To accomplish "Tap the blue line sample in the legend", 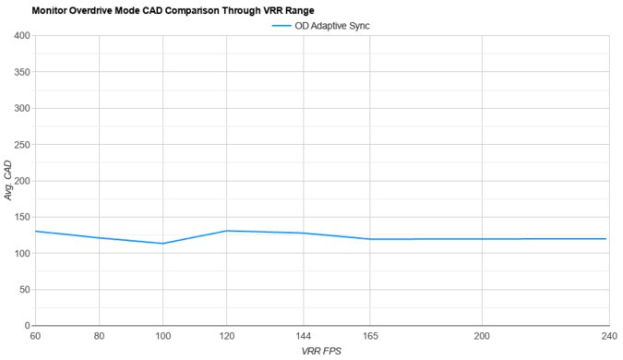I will point(282,26).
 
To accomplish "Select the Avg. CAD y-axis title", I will point(8,181).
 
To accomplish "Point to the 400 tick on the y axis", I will point(21,36).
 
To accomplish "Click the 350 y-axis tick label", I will point(21,72).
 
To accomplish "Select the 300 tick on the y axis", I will point(21,108).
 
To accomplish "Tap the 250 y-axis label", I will point(21,145).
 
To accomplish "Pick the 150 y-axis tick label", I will point(21,217).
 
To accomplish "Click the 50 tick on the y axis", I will point(24,290).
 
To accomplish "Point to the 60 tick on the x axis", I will point(35,335).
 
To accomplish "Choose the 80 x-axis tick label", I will point(99,335).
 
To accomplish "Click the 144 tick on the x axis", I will point(304,335).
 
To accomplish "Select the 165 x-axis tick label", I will point(370,335).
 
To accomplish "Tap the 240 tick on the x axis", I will point(608,335).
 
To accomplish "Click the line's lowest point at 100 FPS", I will point(162,244).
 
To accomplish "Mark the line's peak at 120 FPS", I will point(226,231).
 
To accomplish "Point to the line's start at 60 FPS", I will point(35,231).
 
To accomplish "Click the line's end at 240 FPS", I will point(607,239).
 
